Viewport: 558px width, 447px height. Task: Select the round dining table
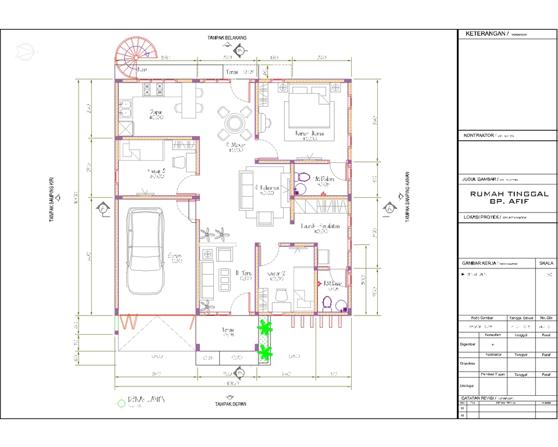click(x=235, y=123)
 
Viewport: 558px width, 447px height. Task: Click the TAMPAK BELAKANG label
click(x=227, y=38)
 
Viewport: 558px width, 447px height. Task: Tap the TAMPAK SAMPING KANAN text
click(x=409, y=197)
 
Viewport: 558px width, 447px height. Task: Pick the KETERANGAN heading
click(x=486, y=34)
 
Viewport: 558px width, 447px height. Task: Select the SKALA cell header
click(x=546, y=262)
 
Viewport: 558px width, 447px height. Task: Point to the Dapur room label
click(x=156, y=112)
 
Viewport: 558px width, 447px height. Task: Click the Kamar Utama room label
click(x=309, y=134)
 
